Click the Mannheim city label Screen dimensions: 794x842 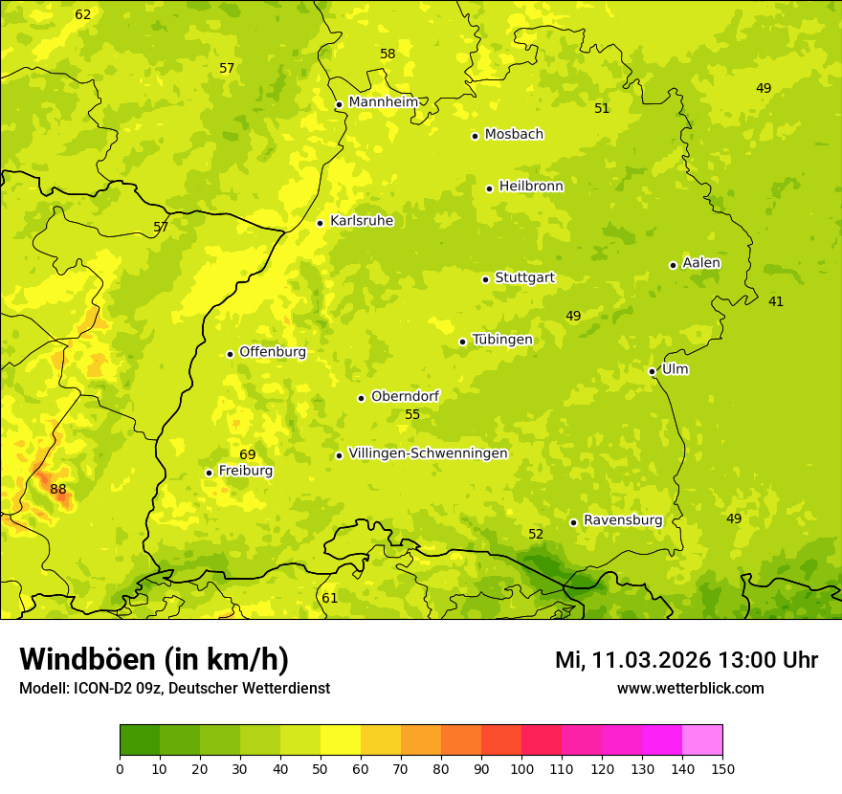pyautogui.click(x=383, y=102)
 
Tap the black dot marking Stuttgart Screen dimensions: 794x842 pyautogui.click(x=485, y=279)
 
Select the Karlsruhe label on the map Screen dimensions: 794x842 pyautogui.click(x=361, y=221)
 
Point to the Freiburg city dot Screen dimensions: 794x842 pyautogui.click(x=209, y=473)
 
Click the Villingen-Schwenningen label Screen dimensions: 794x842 pyautogui.click(x=428, y=453)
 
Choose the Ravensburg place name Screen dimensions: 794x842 pyautogui.click(x=622, y=520)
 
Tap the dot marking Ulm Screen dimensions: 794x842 pyautogui.click(x=652, y=371)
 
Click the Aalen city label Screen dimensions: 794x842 pyautogui.click(x=700, y=263)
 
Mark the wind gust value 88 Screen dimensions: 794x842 pyautogui.click(x=58, y=490)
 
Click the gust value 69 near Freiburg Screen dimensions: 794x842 pyautogui.click(x=248, y=454)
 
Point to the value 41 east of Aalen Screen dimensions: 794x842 pyautogui.click(x=776, y=301)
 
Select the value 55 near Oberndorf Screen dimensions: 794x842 pyautogui.click(x=412, y=414)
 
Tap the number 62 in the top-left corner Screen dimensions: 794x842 pyautogui.click(x=83, y=14)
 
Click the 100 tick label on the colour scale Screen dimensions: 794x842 pyautogui.click(x=521, y=768)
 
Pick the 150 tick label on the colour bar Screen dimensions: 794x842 pyautogui.click(x=722, y=768)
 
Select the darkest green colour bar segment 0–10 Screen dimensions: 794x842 pyautogui.click(x=140, y=740)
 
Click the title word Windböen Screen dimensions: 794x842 pyautogui.click(x=88, y=659)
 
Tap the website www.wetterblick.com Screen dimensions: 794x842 pyautogui.click(x=690, y=688)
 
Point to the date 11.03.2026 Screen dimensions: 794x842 pyautogui.click(x=651, y=660)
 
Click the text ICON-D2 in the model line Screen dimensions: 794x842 pyautogui.click(x=100, y=688)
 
